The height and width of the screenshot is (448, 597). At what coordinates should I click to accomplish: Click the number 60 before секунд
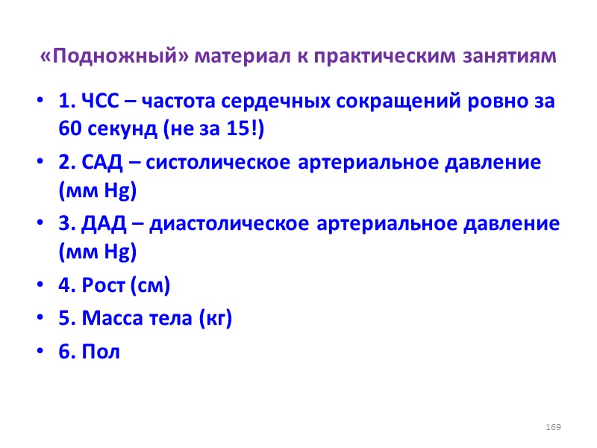point(68,128)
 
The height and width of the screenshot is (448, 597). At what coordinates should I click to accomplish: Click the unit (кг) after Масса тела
point(216,319)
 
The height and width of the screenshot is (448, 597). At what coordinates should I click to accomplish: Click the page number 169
point(553,426)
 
